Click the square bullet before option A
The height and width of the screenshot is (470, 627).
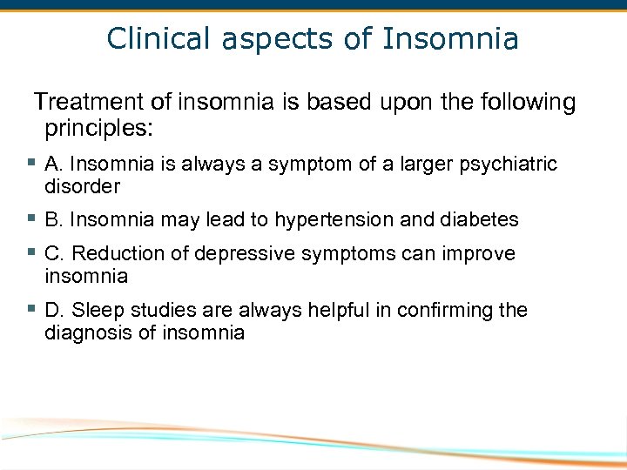(30, 163)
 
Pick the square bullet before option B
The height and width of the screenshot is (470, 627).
(30, 218)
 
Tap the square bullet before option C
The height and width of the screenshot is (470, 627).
(30, 252)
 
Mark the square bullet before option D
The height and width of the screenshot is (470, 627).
(30, 309)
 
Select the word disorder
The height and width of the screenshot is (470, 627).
(82, 186)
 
